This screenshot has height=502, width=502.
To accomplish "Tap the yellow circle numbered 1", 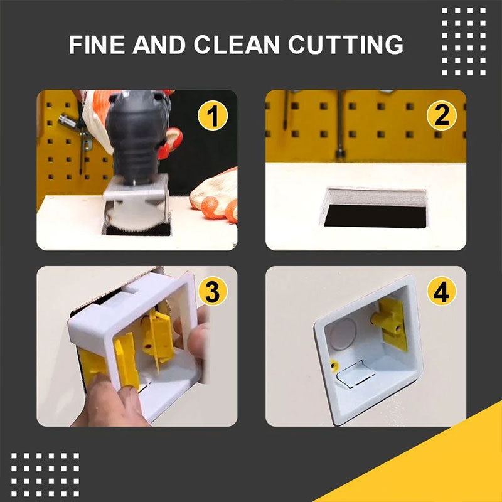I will point(213,117).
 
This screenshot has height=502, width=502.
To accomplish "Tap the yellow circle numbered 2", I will point(442,117).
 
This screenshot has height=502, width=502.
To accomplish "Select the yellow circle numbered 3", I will point(213,292).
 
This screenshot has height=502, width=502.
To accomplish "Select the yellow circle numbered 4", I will point(442,292).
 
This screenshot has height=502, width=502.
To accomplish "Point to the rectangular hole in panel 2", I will point(375,210).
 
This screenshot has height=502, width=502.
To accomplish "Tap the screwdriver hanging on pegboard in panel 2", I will point(339,125).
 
